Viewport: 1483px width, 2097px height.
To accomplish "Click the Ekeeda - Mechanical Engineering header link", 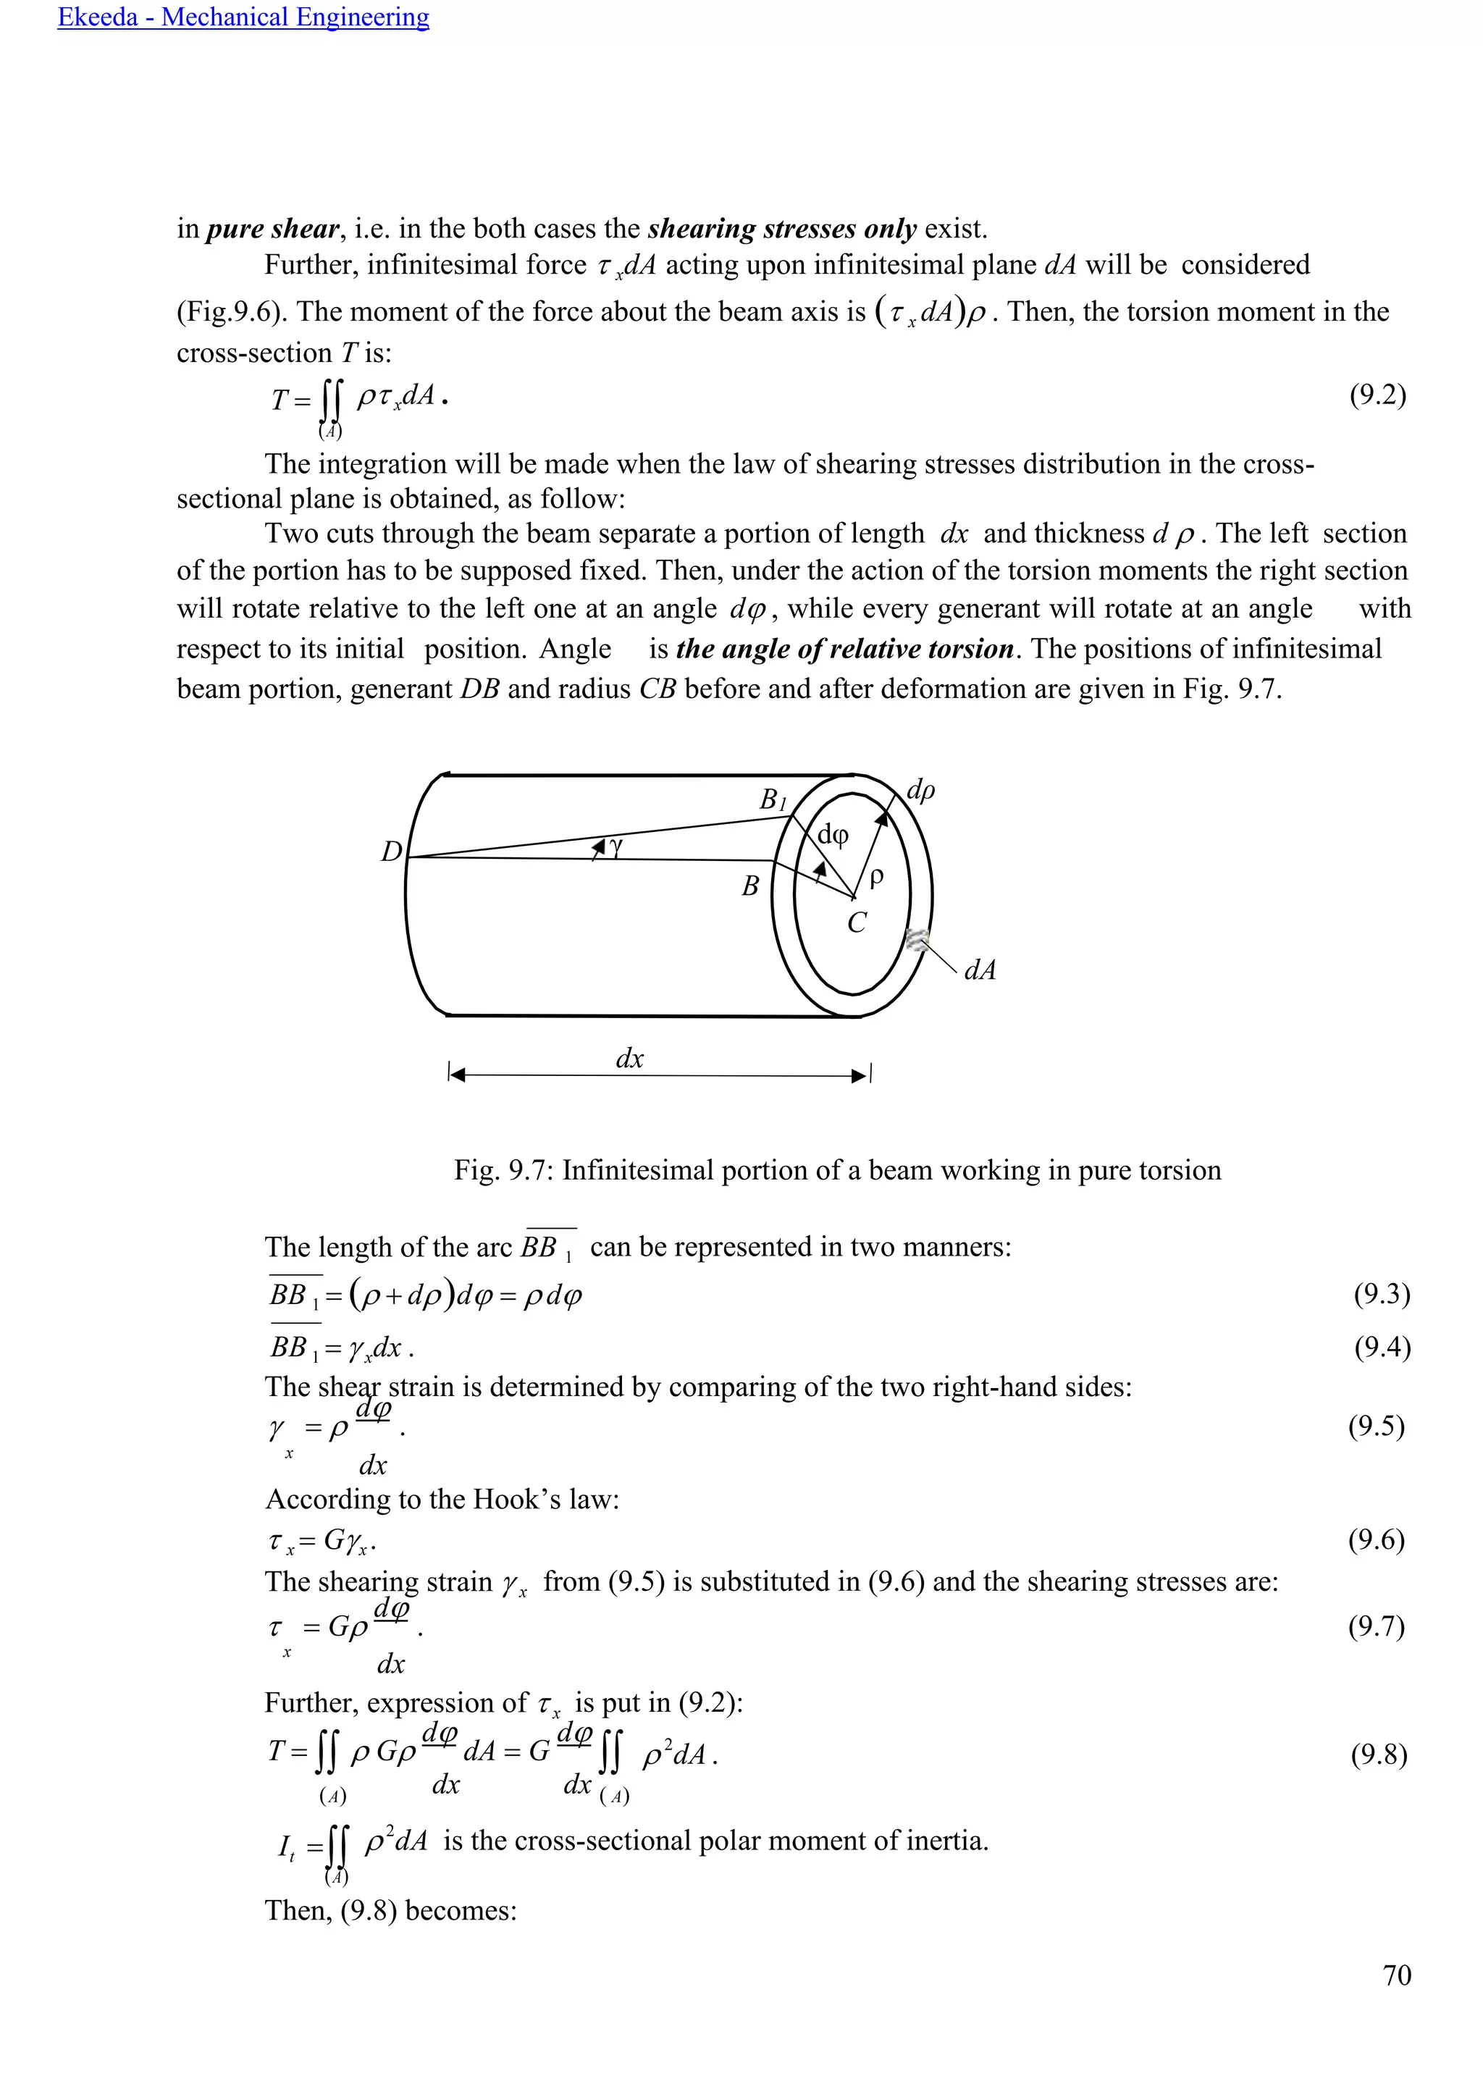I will [x=243, y=17].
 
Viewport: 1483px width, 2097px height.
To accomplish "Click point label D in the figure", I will [x=391, y=852].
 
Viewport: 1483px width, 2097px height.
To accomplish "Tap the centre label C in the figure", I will [x=856, y=923].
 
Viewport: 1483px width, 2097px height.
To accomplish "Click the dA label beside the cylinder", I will [x=980, y=970].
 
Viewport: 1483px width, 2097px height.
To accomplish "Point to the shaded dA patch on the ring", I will [x=917, y=940].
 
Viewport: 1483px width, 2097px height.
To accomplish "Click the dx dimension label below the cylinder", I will [x=629, y=1059].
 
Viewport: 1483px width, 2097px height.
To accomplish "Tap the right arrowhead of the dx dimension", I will [x=860, y=1076].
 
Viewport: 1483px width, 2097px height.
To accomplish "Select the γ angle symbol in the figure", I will [x=616, y=848].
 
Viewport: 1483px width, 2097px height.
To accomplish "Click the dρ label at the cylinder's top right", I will [x=920, y=790].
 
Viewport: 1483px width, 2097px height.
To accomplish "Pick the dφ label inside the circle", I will [x=833, y=834].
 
